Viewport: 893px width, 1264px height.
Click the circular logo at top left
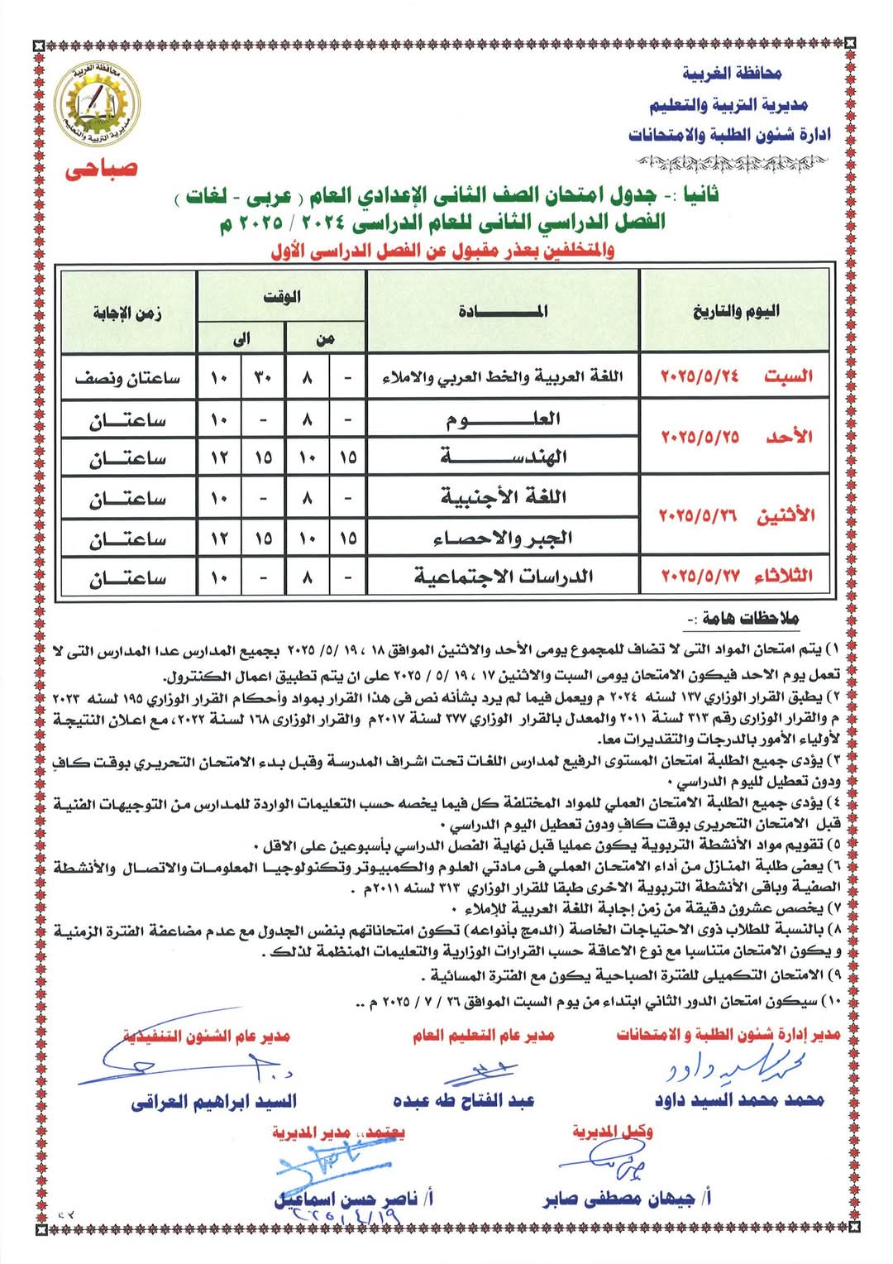98,104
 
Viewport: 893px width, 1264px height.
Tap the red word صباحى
101,169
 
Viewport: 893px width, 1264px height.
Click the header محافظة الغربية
732,74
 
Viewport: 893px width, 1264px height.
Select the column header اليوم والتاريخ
735,311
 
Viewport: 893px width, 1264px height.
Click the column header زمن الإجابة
127,313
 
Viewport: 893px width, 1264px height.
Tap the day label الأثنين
786,515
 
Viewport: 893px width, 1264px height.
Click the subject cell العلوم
503,419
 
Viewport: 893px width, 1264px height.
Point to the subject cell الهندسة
503,456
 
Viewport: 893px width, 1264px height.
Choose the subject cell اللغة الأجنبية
503,497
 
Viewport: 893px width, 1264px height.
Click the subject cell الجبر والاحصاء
503,538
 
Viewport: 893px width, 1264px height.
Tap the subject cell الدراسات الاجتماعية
503,576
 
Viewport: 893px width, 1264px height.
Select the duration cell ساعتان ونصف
127,378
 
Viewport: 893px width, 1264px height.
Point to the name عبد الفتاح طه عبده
463,1100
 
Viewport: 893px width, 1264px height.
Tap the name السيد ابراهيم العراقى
213,1101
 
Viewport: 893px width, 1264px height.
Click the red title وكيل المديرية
612,1132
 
